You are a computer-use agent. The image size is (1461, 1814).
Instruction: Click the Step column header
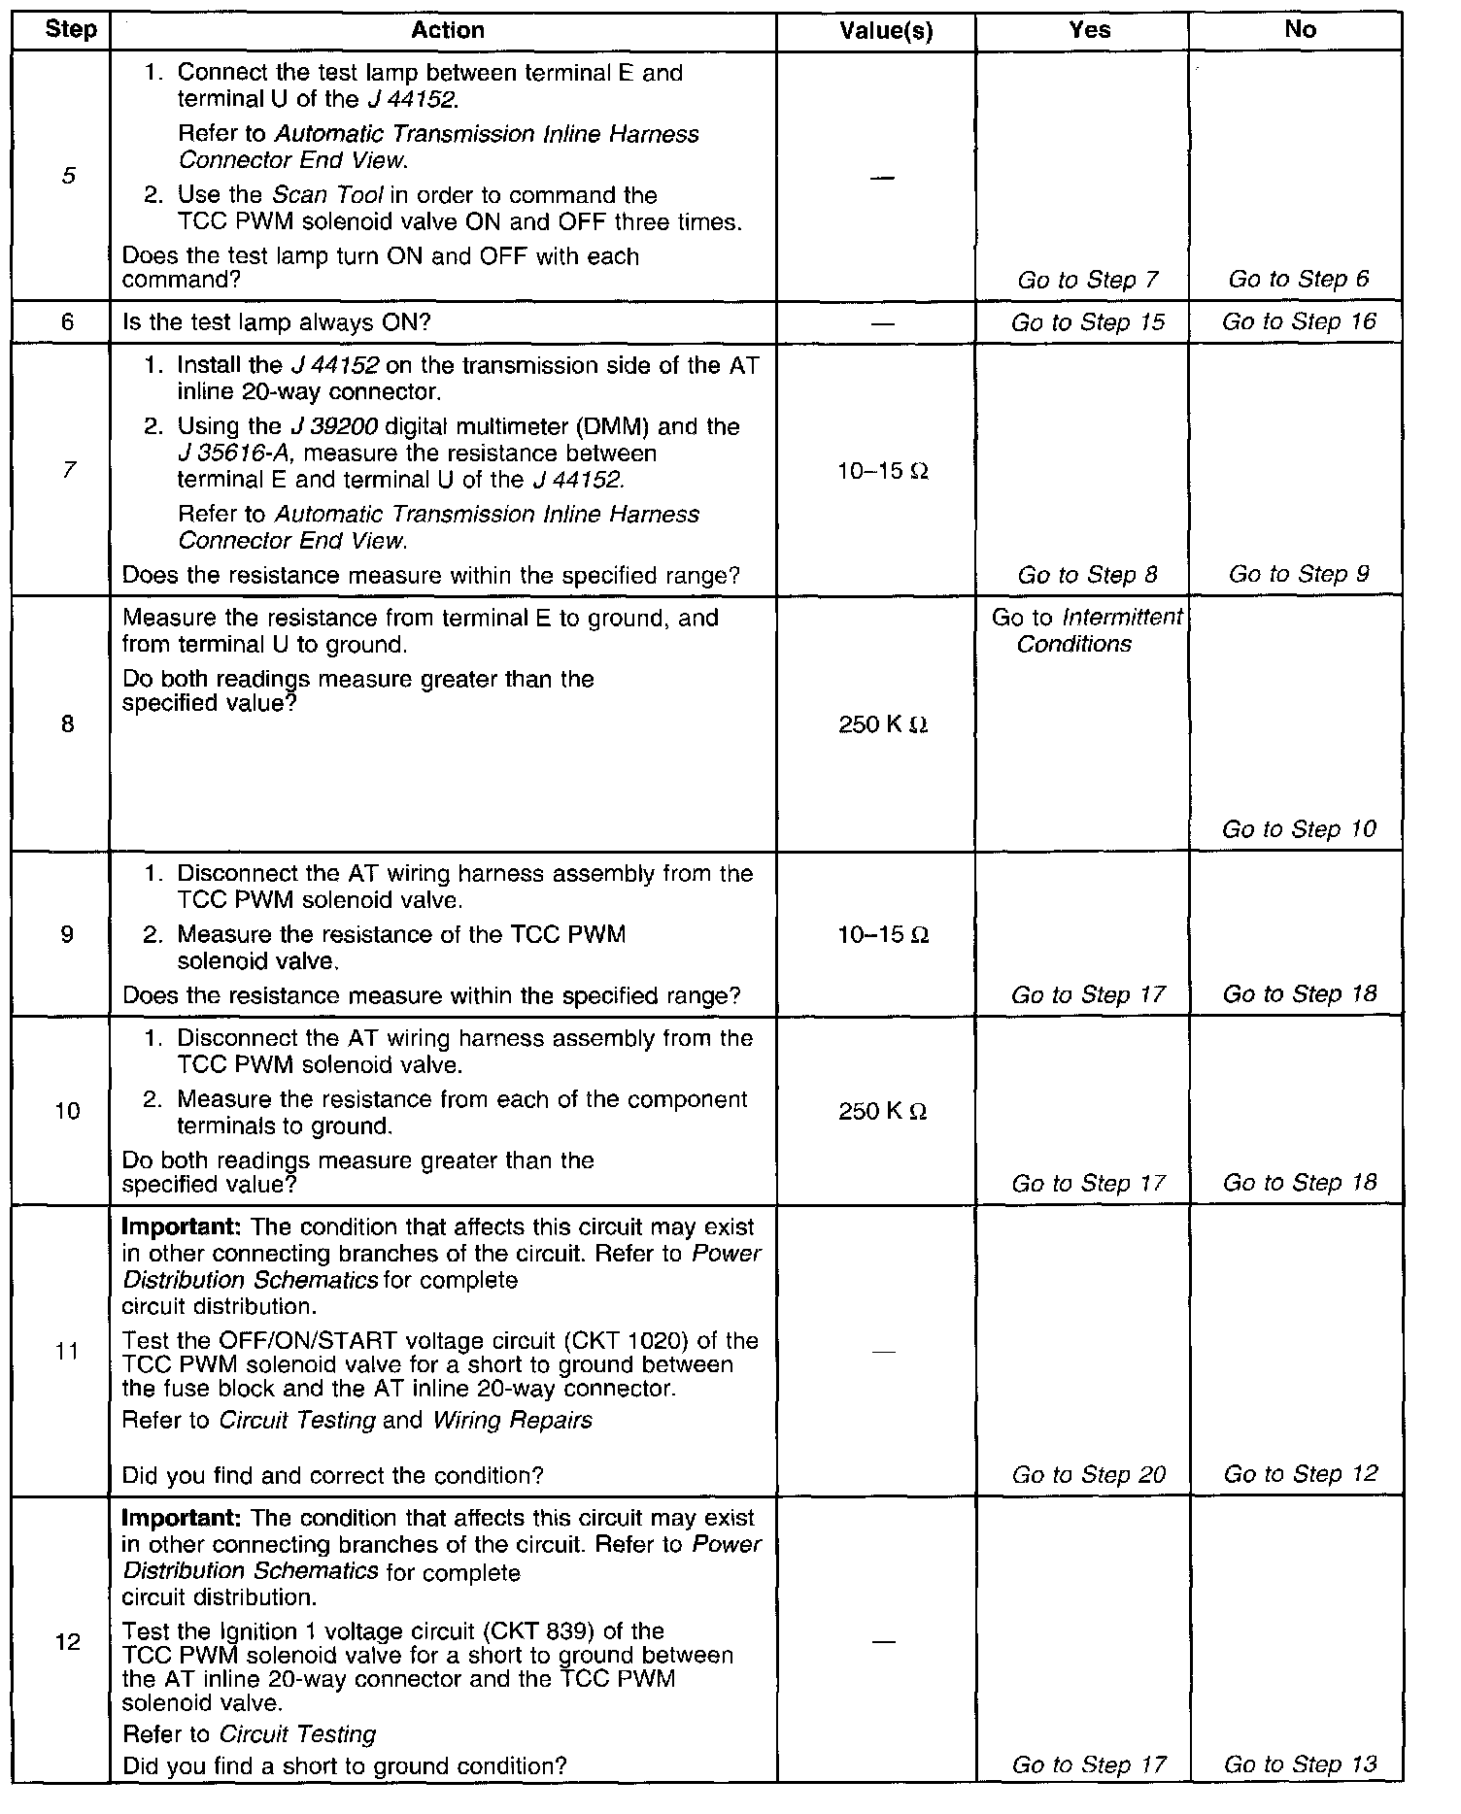71,30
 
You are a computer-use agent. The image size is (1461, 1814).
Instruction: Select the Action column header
447,30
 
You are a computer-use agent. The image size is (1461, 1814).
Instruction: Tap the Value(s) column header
886,31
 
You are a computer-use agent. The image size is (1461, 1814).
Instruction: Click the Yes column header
1089,30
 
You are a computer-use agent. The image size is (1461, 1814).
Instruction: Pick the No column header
1300,30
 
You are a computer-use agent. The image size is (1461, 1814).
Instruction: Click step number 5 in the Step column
68,176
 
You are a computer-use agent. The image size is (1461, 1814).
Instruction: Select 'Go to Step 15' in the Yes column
1087,322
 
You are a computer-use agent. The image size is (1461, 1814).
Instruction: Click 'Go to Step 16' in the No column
1299,321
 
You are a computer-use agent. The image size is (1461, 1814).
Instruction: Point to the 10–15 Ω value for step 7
883,472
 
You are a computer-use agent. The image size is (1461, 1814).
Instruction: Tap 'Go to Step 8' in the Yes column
1087,575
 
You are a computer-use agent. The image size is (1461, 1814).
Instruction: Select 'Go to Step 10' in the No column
1299,829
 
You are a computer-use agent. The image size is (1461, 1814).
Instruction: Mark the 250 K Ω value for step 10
883,1111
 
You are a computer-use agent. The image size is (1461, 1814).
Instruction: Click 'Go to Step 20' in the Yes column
1088,1475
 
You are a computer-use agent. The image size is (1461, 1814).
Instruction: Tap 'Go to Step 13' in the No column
1300,1764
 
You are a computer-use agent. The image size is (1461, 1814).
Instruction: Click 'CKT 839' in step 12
615,1631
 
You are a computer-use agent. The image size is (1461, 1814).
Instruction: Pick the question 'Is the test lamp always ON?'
277,322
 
